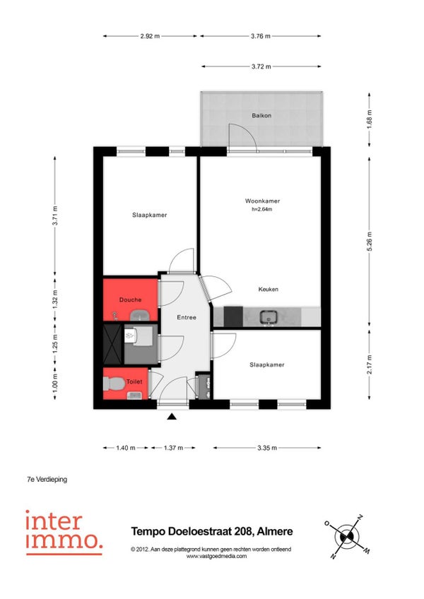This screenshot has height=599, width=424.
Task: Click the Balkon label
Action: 261,115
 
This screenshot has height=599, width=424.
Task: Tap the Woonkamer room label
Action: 262,201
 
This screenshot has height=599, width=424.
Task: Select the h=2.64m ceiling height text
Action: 262,209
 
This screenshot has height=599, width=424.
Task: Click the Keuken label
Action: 268,289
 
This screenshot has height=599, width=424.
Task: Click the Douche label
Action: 130,300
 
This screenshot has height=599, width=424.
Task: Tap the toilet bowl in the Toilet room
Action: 114,384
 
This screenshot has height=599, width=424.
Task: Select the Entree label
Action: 187,317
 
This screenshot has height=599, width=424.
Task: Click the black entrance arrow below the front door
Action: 172,417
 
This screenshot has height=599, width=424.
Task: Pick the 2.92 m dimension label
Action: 150,36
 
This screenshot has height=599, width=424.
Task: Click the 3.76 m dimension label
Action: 261,36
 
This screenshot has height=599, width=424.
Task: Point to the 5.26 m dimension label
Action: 370,242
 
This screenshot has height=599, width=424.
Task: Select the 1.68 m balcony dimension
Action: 370,119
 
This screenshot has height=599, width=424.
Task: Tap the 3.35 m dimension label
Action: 267,448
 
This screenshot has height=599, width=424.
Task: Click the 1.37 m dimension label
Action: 173,448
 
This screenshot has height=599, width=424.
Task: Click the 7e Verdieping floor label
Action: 47,479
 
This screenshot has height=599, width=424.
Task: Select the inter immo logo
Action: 64,532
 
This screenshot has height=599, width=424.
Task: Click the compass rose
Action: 347,537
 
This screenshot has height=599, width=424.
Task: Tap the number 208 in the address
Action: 244,531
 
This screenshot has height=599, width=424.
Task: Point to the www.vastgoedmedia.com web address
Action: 216,556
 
